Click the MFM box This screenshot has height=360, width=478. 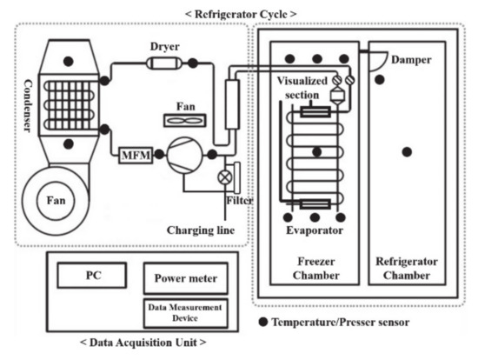136,155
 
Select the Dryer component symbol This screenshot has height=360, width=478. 164,63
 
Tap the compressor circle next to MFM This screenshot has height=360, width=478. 184,155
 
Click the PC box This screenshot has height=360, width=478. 92,275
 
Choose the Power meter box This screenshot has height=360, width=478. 186,278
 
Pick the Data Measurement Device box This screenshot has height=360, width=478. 186,313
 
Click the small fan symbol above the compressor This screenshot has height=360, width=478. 185,121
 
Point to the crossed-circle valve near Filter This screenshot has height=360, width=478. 225,177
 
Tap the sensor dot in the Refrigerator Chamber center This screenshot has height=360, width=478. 407,152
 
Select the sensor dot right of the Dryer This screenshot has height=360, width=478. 193,63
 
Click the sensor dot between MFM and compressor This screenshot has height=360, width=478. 159,155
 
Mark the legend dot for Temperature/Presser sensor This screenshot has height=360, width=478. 263,322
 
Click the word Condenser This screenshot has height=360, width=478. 28,106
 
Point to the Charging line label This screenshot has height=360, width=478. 201,230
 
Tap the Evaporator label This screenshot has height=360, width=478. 315,230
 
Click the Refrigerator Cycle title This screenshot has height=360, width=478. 241,14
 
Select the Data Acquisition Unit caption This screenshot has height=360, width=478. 143,343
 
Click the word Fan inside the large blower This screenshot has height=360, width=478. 56,201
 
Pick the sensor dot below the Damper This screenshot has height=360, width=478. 379,80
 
